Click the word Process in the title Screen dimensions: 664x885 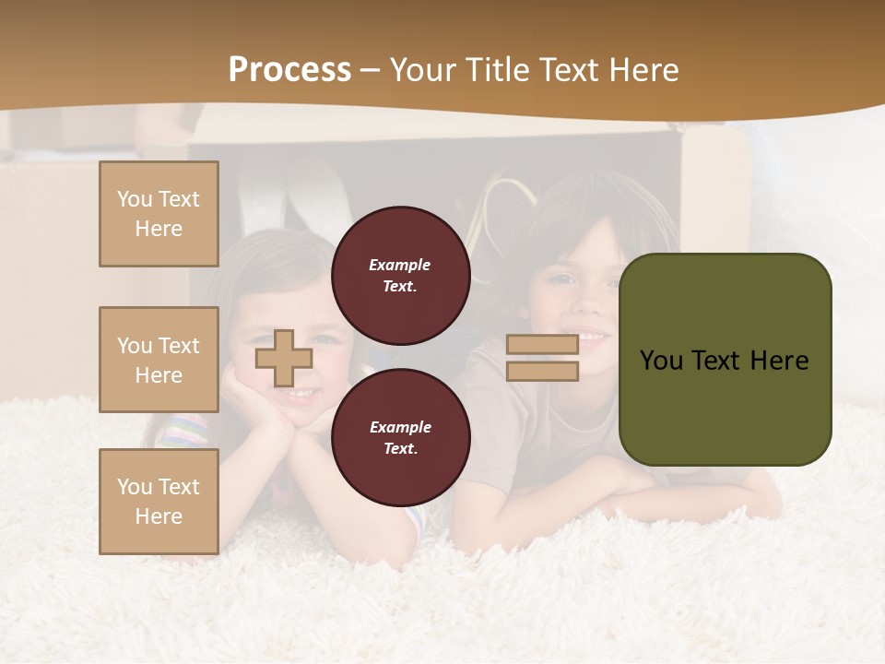click(x=289, y=70)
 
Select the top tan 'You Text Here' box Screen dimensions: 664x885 click(x=159, y=214)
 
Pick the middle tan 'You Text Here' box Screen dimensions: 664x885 click(x=159, y=360)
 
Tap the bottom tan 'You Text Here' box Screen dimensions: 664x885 click(x=159, y=501)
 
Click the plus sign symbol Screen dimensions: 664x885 click(x=284, y=359)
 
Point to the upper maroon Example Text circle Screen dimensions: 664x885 click(x=400, y=275)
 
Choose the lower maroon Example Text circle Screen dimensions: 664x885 click(x=400, y=437)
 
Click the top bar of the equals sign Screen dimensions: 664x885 click(x=542, y=345)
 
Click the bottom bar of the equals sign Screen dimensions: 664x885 click(x=542, y=371)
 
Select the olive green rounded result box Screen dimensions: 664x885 click(x=725, y=359)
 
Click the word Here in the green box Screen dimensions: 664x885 click(x=779, y=361)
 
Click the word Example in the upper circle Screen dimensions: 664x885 click(x=400, y=265)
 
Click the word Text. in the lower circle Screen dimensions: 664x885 click(x=400, y=448)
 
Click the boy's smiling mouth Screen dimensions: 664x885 click(x=590, y=338)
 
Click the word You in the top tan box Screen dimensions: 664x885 click(x=135, y=199)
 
